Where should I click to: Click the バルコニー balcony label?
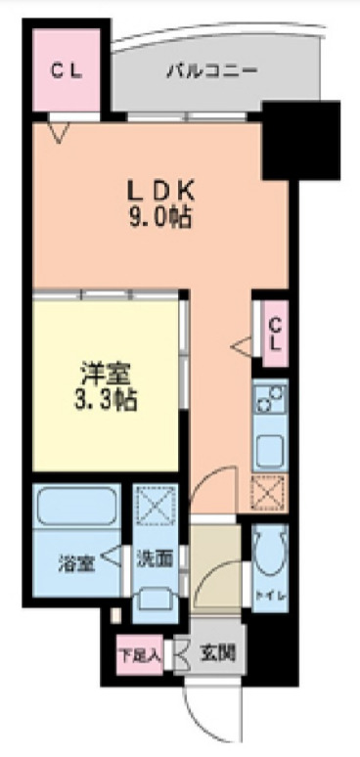coord(211,71)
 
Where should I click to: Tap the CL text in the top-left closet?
coord(66,69)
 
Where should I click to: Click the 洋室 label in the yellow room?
coord(106,374)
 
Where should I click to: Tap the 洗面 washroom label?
coord(155,559)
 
